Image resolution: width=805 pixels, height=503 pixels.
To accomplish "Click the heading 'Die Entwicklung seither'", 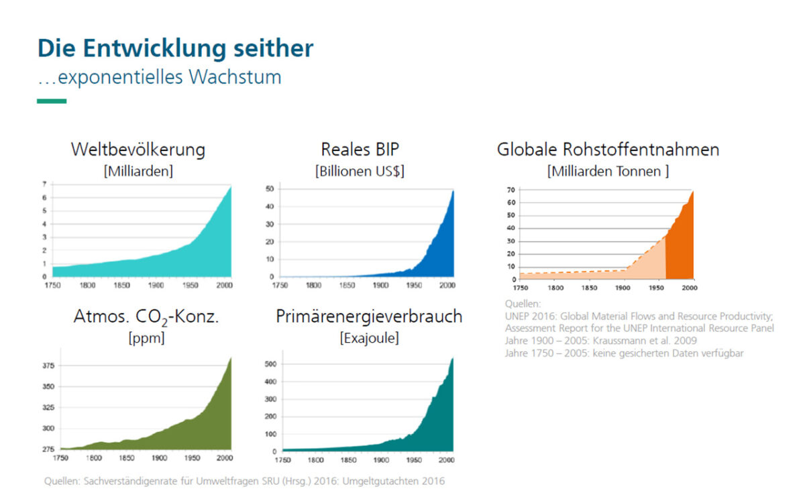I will coord(175,48).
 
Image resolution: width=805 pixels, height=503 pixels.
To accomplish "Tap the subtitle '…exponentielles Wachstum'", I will coord(159,77).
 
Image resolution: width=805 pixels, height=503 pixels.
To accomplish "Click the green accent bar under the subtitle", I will coord(52,101).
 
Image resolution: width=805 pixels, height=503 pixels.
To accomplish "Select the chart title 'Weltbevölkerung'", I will coord(138,149).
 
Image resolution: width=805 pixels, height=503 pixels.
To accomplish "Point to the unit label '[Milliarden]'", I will coord(138,170).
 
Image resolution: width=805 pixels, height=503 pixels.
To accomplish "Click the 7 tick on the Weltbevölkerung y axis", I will coord(44,184).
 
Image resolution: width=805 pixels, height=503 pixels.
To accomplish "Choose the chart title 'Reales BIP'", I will coord(360,149).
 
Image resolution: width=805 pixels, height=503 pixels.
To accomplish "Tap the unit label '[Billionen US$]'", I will coord(360,170).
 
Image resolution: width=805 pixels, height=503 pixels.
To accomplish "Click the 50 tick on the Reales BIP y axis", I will coord(270,189).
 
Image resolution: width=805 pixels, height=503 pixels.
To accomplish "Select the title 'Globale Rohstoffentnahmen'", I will coord(608,149).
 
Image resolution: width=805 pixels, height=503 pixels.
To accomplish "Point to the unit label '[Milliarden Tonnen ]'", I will coord(608,170).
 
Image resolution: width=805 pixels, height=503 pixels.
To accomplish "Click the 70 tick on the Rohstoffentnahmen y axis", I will coord(511,190).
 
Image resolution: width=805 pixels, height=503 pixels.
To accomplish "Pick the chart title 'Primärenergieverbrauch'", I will coord(369,317).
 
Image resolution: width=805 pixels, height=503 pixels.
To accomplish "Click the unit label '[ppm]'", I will coord(146,338).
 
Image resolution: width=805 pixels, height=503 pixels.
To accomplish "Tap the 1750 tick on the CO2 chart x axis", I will coord(60,459).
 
